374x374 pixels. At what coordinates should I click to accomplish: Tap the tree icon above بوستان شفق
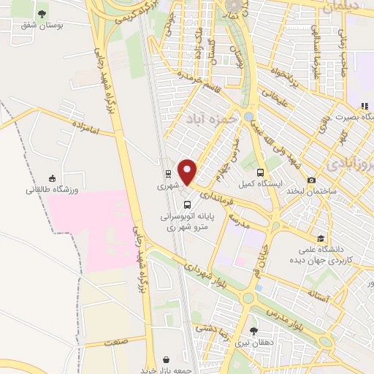[x=42, y=14]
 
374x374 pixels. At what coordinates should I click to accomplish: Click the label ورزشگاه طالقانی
[x=52, y=190]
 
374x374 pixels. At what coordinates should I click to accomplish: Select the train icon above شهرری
[x=169, y=174]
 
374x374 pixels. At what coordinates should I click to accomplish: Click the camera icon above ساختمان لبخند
[x=312, y=180]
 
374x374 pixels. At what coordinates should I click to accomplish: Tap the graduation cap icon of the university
[x=321, y=238]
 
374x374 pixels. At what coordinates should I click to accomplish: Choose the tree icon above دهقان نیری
[x=253, y=330]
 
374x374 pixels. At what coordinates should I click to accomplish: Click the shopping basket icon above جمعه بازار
[x=168, y=359]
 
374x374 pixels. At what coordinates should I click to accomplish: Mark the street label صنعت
[x=115, y=340]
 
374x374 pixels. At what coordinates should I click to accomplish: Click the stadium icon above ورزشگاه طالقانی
[x=52, y=178]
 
